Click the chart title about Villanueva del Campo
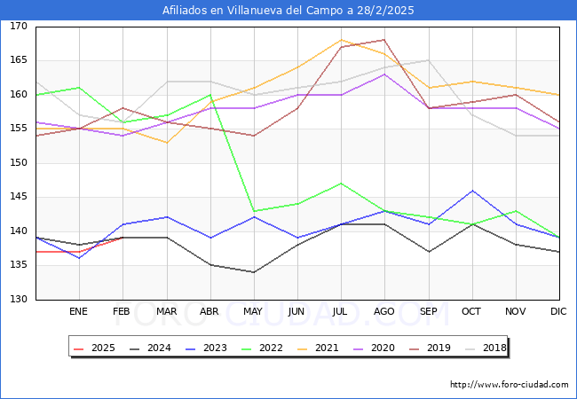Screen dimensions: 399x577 pyautogui.click(x=288, y=11)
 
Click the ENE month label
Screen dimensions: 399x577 pyautogui.click(x=79, y=312)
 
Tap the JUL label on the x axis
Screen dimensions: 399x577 pyautogui.click(x=341, y=312)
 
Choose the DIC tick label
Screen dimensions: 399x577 pyautogui.click(x=559, y=312)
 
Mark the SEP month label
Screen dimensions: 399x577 pyautogui.click(x=429, y=312)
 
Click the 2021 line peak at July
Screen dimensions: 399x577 pyautogui.click(x=341, y=40)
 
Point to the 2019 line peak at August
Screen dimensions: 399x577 pyautogui.click(x=384, y=40)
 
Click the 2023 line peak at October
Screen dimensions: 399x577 pyautogui.click(x=472, y=191)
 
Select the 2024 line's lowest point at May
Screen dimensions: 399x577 pyautogui.click(x=254, y=272)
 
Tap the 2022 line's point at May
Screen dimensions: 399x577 pyautogui.click(x=254, y=211)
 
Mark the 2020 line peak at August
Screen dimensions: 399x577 pyautogui.click(x=384, y=74)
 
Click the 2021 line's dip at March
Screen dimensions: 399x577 pyautogui.click(x=166, y=143)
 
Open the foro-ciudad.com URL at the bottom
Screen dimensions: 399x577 pyautogui.click(x=509, y=385)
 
